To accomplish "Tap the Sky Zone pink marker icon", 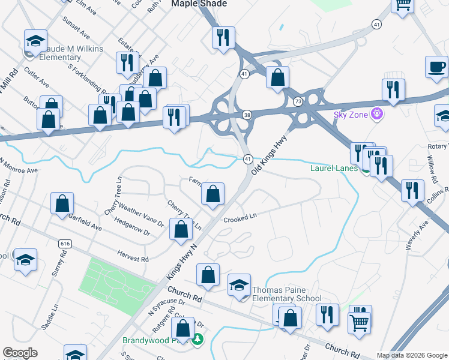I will pyautogui.click(x=376, y=113).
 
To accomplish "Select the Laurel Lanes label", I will pyautogui.click(x=333, y=168).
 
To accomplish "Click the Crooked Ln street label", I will pyautogui.click(x=240, y=220).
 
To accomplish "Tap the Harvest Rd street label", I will pyautogui.click(x=133, y=257).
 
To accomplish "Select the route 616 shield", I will pyautogui.click(x=65, y=244).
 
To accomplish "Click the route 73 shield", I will pyautogui.click(x=298, y=102).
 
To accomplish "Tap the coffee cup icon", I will pyautogui.click(x=436, y=67).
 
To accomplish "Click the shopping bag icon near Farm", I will pyautogui.click(x=212, y=193).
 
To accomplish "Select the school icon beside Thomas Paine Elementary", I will pyautogui.click(x=239, y=284).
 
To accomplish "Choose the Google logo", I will pyautogui.click(x=20, y=353).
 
